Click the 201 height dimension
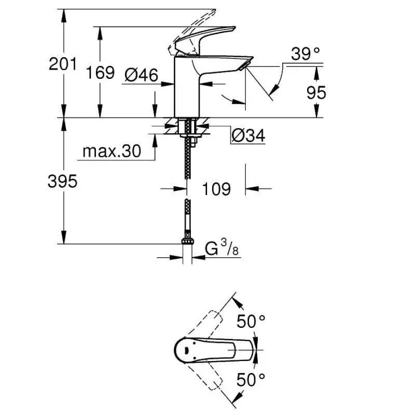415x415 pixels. [x=62, y=64]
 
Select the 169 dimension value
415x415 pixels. [x=100, y=72]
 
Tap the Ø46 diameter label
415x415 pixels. [x=141, y=75]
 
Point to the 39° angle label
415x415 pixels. [x=305, y=54]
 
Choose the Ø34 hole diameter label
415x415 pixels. [x=247, y=136]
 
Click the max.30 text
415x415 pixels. [x=112, y=151]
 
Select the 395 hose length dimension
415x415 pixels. [x=62, y=182]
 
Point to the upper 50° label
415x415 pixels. [x=251, y=322]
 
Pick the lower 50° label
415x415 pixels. [x=251, y=380]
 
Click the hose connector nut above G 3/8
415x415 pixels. [x=186, y=242]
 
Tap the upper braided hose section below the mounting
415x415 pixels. [x=186, y=161]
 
